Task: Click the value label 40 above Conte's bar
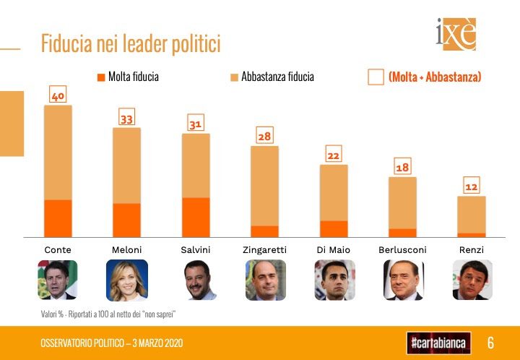(58, 95)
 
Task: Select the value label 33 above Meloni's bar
(126, 119)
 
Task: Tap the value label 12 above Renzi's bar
(471, 187)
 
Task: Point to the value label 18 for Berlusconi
(402, 168)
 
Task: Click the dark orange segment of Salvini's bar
(196, 217)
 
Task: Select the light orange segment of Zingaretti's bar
(264, 186)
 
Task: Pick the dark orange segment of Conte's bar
(58, 218)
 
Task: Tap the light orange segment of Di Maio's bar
(334, 192)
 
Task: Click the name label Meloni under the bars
(126, 249)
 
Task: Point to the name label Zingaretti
(264, 249)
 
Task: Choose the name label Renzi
(471, 249)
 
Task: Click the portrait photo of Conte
(58, 280)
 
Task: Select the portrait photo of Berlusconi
(402, 280)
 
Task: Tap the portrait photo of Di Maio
(334, 280)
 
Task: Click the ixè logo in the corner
(456, 34)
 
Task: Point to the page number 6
(490, 342)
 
